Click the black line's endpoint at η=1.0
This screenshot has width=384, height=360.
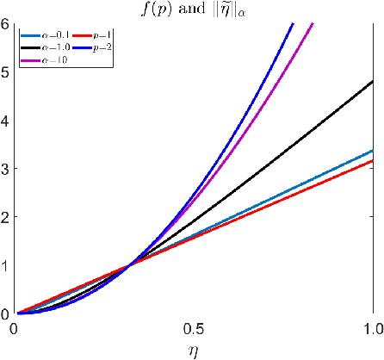pos(373,81)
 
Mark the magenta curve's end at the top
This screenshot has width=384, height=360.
pos(313,22)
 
